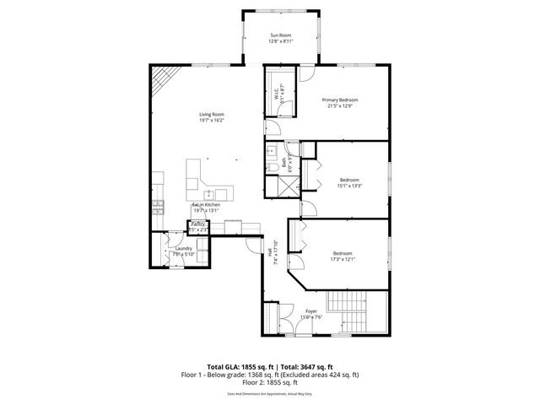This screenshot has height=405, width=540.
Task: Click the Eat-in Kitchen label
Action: point(206,208)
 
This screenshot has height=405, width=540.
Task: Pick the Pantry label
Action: point(197,225)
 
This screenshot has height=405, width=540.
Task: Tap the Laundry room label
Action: point(183,251)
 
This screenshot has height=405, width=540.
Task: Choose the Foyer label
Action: point(310,314)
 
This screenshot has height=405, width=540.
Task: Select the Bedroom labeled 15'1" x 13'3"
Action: point(349,182)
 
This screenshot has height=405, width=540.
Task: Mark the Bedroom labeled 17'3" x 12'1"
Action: point(343,256)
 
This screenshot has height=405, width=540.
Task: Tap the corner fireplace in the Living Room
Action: point(161,82)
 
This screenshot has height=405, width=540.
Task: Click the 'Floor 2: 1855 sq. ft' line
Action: point(270,381)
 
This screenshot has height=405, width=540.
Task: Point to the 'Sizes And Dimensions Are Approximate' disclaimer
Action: point(270,391)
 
